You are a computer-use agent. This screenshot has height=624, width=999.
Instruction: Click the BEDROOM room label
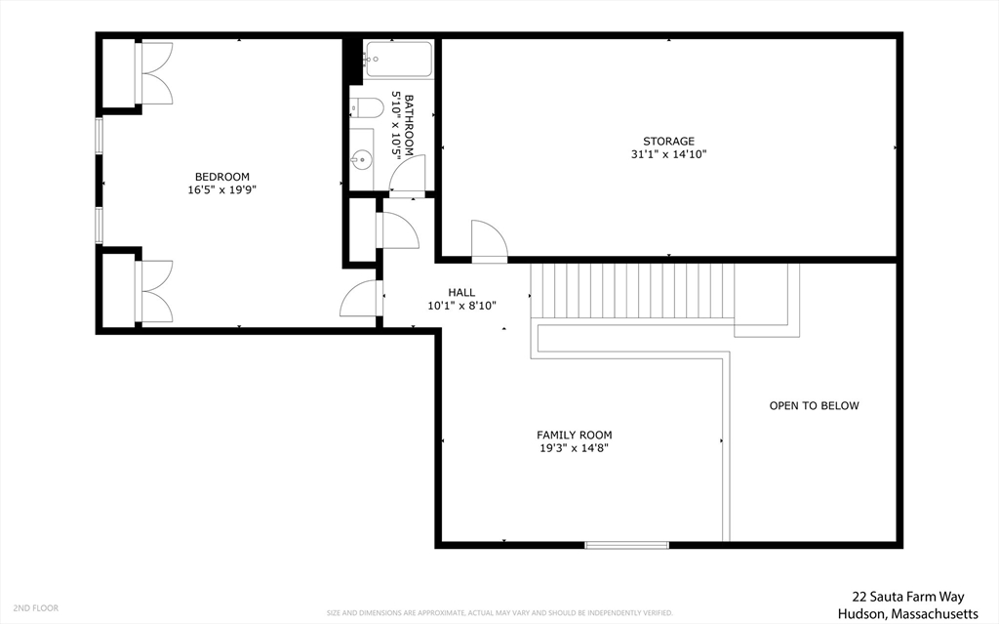click(x=216, y=177)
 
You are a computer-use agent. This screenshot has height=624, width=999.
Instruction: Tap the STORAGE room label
click(x=668, y=142)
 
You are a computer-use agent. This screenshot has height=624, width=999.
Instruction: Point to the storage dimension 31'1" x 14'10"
click(x=668, y=154)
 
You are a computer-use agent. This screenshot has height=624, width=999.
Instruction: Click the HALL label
click(x=461, y=292)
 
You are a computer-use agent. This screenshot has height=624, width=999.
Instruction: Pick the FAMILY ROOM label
click(x=575, y=435)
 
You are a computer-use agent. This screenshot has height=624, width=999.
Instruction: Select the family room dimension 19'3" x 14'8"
click(x=575, y=448)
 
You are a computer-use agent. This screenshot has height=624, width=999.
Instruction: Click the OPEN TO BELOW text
click(x=814, y=405)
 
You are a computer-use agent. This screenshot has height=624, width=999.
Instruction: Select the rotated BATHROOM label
click(x=403, y=125)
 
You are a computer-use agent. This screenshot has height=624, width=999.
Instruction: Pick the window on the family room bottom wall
click(x=626, y=544)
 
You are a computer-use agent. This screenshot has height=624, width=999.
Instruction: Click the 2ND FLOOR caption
click(x=36, y=607)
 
